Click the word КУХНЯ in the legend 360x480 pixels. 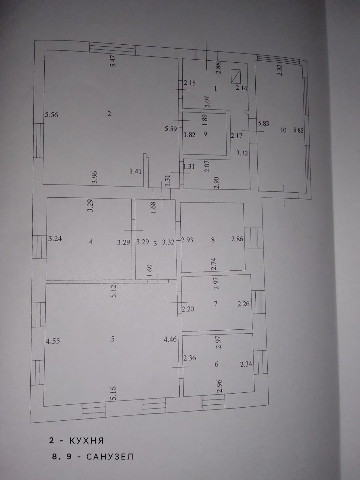click(x=86, y=440)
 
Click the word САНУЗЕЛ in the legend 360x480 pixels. click(x=110, y=457)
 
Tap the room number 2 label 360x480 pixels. click(x=109, y=114)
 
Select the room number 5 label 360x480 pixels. click(x=113, y=339)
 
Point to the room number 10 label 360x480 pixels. click(x=283, y=130)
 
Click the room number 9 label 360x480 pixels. click(x=205, y=134)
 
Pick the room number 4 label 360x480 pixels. click(x=91, y=242)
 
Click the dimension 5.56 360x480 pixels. click(x=51, y=115)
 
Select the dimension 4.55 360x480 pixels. click(x=53, y=341)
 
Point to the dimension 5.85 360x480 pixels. click(x=298, y=130)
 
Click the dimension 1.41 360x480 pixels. click(x=135, y=171)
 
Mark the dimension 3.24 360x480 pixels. click(x=55, y=239)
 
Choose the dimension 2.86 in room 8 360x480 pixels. click(x=237, y=239)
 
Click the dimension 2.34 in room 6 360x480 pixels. click(x=246, y=364)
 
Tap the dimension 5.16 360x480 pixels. click(x=113, y=394)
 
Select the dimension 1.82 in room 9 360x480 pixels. click(x=189, y=135)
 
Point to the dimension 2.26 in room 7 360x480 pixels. click(x=243, y=304)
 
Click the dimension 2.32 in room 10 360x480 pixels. click(x=280, y=70)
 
